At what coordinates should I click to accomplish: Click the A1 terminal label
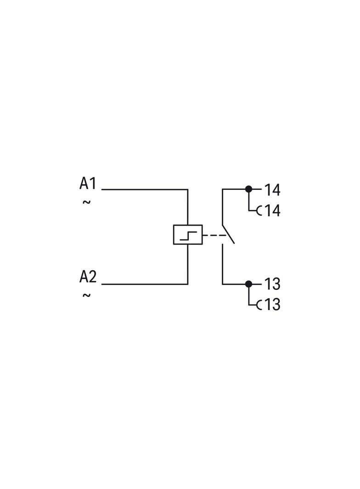pyautogui.click(x=88, y=183)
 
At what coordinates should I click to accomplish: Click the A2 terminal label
pyautogui.click(x=88, y=277)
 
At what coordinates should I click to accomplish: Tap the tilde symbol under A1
pyautogui.click(x=86, y=202)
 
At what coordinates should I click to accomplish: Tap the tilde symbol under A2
pyautogui.click(x=86, y=295)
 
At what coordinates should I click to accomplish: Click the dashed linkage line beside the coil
pyautogui.click(x=214, y=235)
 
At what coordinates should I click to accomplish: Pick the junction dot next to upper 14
pyautogui.click(x=248, y=189)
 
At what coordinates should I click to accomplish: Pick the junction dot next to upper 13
pyautogui.click(x=248, y=284)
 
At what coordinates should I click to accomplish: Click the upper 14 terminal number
pyautogui.click(x=272, y=190)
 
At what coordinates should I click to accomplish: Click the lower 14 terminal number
pyautogui.click(x=272, y=211)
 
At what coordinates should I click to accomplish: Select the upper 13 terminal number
pyautogui.click(x=272, y=284)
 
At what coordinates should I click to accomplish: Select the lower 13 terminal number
pyautogui.click(x=272, y=305)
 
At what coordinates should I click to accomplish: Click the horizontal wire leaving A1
pyautogui.click(x=145, y=189)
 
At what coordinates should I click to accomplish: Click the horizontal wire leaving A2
pyautogui.click(x=145, y=284)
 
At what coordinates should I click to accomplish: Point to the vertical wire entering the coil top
pyautogui.click(x=188, y=207)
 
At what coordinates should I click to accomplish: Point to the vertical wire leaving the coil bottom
pyautogui.click(x=188, y=264)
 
